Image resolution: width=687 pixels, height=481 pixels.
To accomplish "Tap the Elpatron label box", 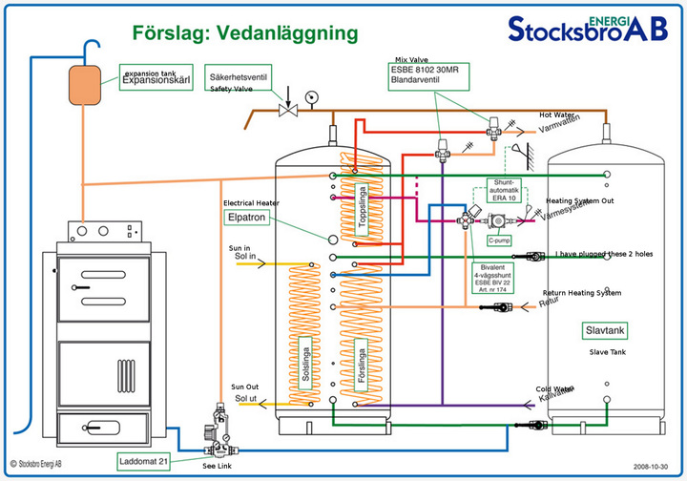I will point(244,219).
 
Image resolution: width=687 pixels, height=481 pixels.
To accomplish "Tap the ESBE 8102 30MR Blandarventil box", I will point(427,75).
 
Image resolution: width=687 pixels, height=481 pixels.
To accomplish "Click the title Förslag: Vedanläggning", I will point(245,32).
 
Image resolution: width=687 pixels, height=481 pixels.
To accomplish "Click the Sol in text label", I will point(246,258).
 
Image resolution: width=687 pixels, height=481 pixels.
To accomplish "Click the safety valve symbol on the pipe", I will point(287,110).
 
